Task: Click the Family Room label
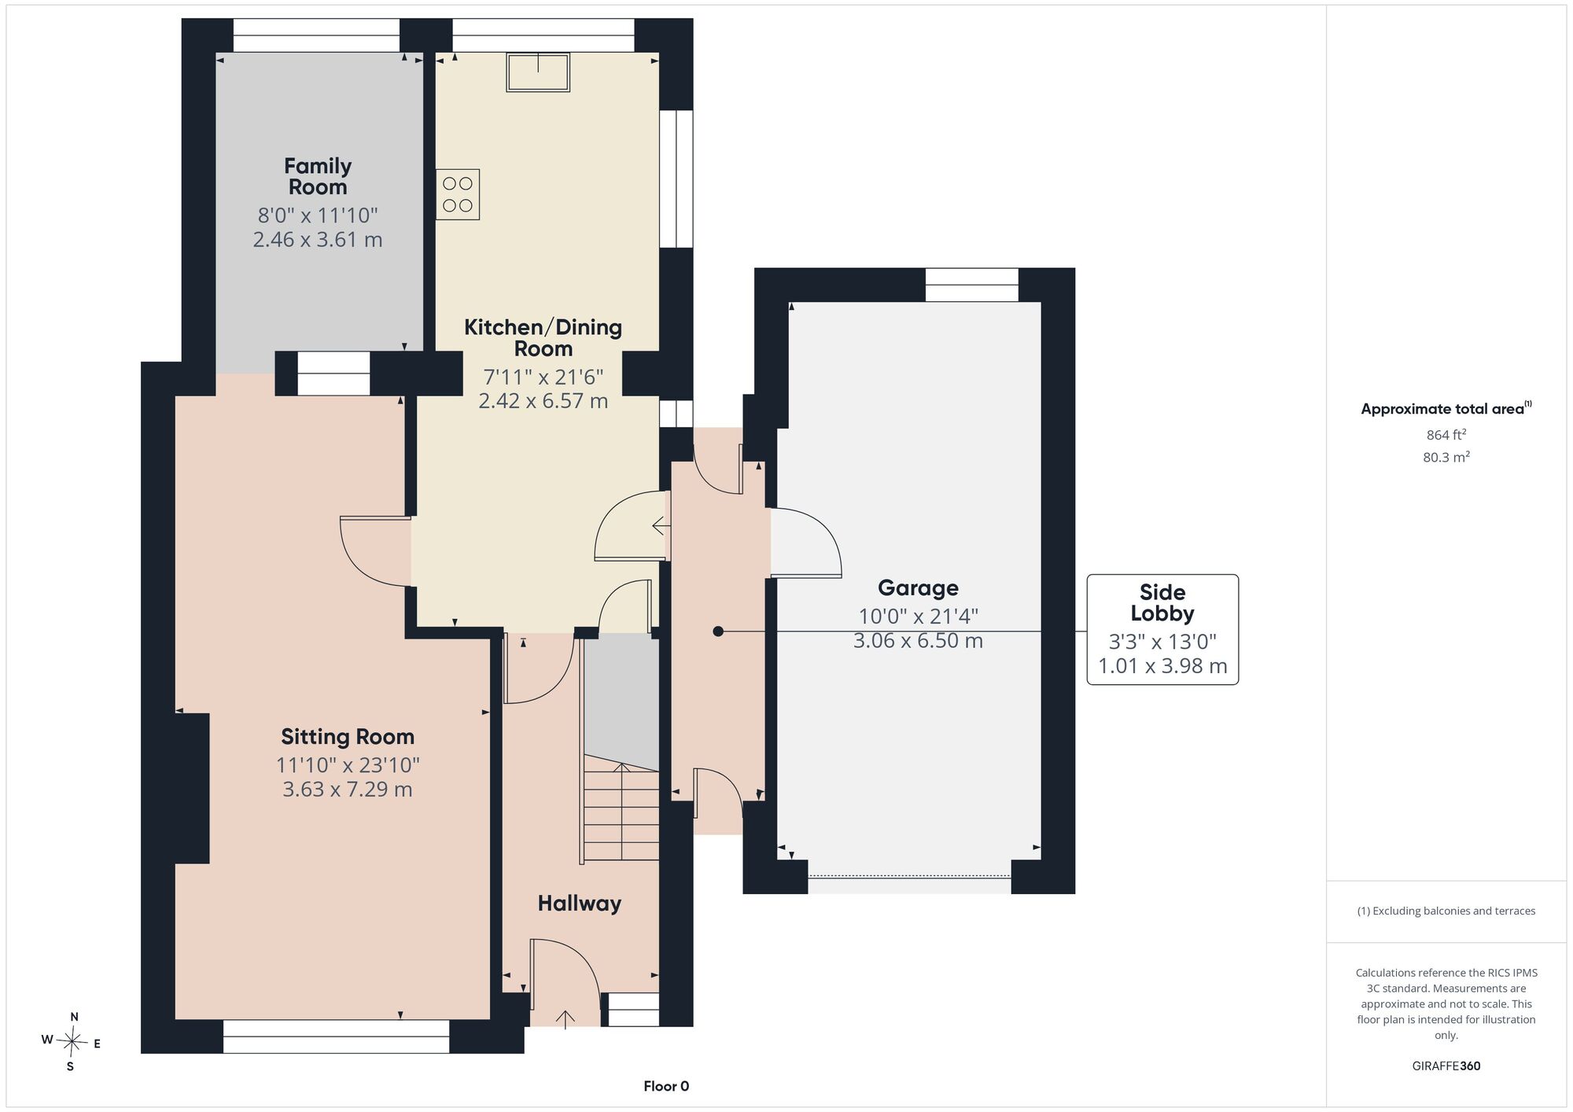pos(318,176)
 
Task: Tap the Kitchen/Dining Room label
pos(543,337)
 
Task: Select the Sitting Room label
pos(348,737)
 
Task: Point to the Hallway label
pos(580,904)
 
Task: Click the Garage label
pos(918,588)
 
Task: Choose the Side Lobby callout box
pos(1162,629)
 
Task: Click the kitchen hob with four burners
pos(458,194)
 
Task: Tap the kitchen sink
pos(538,72)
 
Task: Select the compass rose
pos(72,1044)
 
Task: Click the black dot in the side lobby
pos(717,631)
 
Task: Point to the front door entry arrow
pos(565,1019)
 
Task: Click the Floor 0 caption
pos(666,1086)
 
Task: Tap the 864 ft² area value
pos(1446,435)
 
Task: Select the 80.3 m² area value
pos(1446,457)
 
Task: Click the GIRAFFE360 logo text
pos(1446,1066)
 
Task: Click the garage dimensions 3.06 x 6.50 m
pos(918,641)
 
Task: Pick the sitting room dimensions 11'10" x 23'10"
pos(348,764)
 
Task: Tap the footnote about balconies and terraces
pos(1446,911)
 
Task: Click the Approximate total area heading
pos(1446,408)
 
